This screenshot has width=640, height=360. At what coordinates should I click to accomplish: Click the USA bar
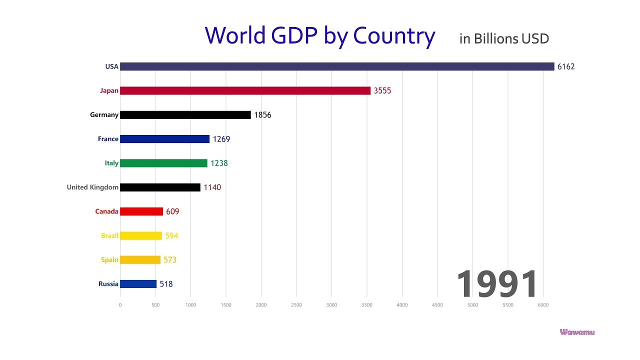337,66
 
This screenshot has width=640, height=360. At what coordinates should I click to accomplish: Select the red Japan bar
245,90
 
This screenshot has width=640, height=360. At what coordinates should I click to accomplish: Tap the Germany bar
185,115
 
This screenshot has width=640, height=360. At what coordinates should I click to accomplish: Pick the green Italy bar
163,163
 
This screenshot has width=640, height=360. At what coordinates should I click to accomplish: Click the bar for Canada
141,211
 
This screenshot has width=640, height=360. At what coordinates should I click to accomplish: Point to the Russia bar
138,284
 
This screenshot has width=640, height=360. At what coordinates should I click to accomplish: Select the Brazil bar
141,235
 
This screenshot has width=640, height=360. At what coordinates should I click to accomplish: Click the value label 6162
566,66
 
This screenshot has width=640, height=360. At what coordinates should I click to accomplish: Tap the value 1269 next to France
221,139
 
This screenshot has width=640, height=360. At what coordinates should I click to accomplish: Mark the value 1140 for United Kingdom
212,187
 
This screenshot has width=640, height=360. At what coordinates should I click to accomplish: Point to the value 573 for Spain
170,260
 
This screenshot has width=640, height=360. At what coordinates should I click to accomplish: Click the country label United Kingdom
92,187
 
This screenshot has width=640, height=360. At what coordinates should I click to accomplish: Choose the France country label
108,139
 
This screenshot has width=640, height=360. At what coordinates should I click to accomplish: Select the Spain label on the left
109,260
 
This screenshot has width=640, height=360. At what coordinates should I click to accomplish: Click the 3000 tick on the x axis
331,305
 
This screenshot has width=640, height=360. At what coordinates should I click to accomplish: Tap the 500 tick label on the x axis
155,305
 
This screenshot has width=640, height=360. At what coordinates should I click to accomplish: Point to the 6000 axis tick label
543,305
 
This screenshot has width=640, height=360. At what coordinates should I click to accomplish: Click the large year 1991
497,284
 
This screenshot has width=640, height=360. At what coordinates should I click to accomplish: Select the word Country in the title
394,36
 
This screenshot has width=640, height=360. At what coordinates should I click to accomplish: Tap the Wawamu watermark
577,332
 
